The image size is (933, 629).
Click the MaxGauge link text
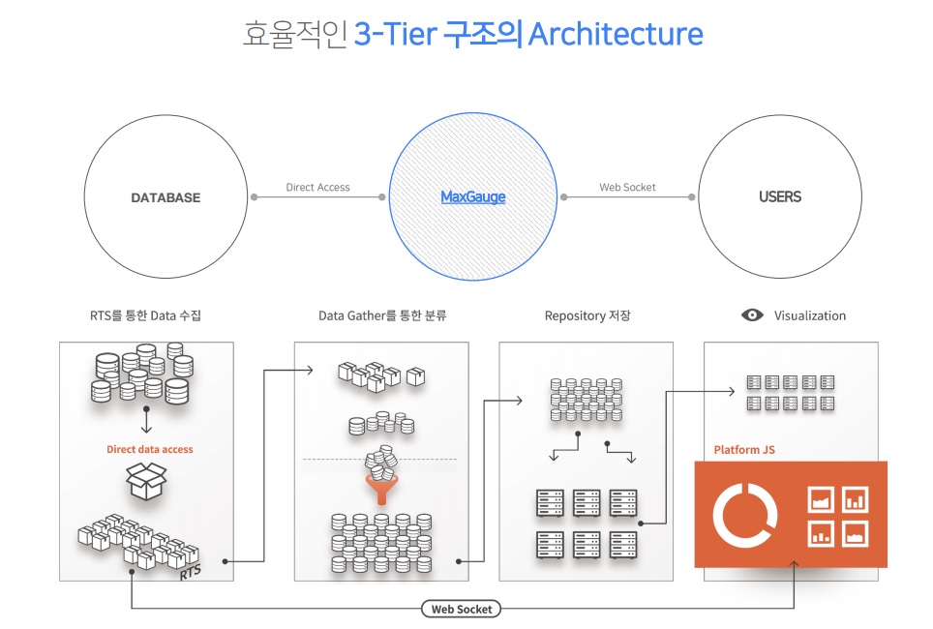(x=473, y=197)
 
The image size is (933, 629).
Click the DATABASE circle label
(x=166, y=197)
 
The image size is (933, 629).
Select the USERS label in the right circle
(x=780, y=196)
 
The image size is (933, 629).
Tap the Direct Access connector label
(x=318, y=187)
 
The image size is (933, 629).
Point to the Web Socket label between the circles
(x=627, y=187)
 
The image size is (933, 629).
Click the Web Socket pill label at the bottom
(x=461, y=609)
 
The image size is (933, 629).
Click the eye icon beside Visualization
(x=752, y=315)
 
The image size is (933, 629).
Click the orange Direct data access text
(x=149, y=449)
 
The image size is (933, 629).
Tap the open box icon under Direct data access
(x=147, y=482)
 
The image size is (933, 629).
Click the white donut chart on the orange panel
(x=744, y=514)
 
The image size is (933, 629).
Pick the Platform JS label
(x=744, y=450)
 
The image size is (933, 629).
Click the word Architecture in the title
(x=616, y=35)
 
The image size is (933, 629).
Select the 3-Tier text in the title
(x=392, y=35)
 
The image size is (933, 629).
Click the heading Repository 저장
(x=587, y=315)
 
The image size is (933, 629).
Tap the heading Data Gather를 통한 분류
(x=382, y=315)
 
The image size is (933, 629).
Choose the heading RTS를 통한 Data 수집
(x=145, y=315)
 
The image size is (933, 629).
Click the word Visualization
(x=810, y=315)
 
